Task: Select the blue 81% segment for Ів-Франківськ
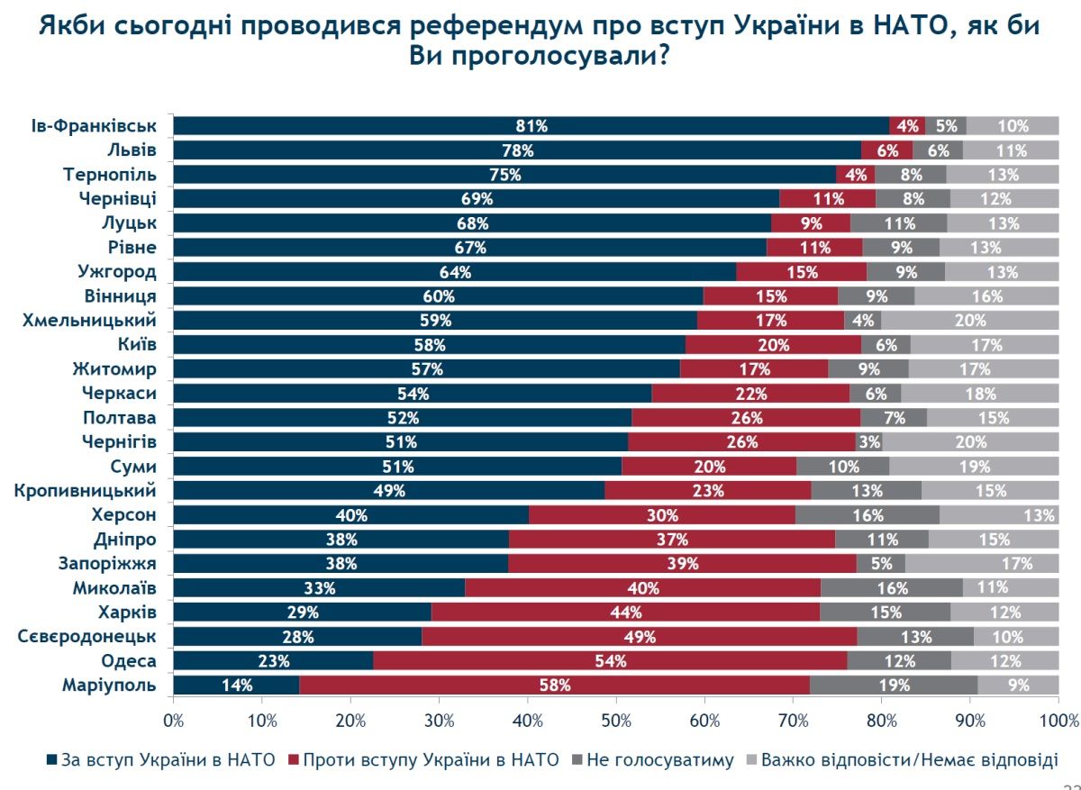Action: point(531,126)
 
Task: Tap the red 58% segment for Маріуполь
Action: point(554,685)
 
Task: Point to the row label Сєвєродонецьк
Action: point(87,637)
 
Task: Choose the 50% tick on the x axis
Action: point(616,720)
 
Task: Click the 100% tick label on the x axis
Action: point(1058,720)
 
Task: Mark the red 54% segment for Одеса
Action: point(610,660)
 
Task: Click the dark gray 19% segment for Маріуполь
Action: point(894,685)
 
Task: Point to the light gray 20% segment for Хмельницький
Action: point(970,320)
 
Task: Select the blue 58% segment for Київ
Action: point(429,344)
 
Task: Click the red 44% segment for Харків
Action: point(625,612)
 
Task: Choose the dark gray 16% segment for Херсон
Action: point(868,514)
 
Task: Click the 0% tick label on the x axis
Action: point(173,720)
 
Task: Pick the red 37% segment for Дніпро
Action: point(672,539)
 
